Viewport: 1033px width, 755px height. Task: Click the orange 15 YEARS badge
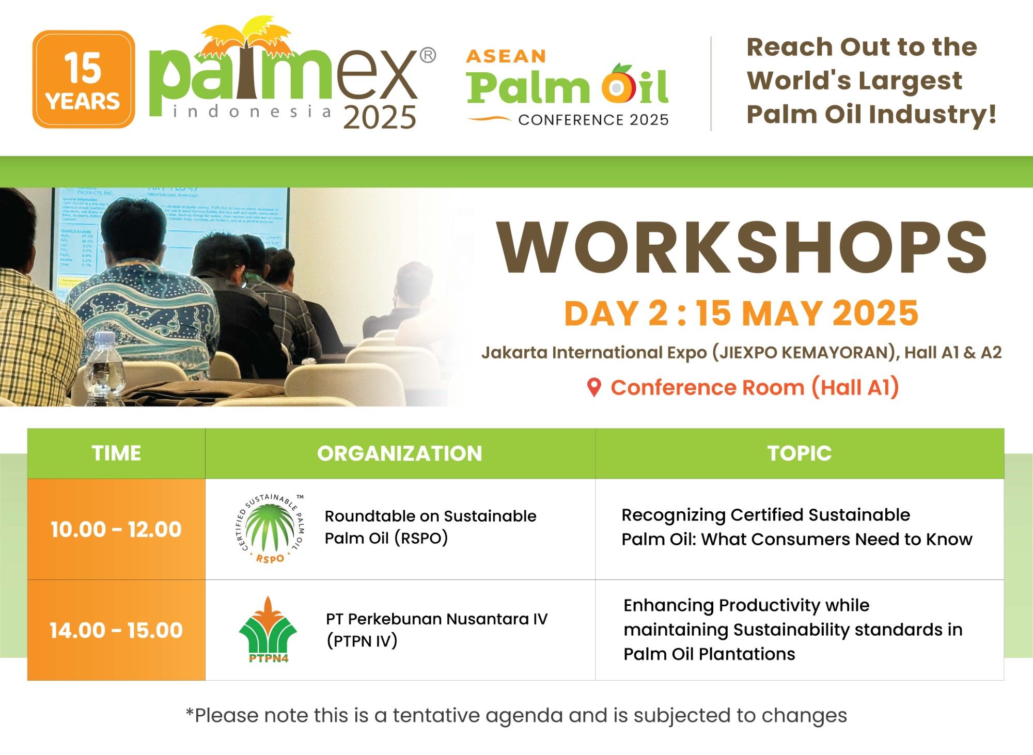pos(84,80)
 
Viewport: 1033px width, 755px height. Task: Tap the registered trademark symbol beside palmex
pos(428,55)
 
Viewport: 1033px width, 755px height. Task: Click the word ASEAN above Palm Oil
pos(506,56)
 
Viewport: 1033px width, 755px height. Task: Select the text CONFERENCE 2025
pos(593,120)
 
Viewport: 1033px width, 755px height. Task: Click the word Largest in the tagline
pos(910,81)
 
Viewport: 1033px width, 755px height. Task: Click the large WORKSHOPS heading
pos(742,247)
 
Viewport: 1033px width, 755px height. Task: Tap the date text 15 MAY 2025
pos(807,313)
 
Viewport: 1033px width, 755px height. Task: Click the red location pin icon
pos(594,387)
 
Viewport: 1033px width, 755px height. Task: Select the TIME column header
pos(116,453)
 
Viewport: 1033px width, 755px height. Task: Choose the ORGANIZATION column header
pos(399,453)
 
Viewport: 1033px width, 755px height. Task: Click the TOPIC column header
pos(799,453)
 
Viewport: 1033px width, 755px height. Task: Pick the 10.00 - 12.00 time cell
pos(116,529)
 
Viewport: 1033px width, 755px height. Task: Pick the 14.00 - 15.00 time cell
pos(116,630)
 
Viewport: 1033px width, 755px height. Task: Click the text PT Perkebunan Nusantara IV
pos(436,619)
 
